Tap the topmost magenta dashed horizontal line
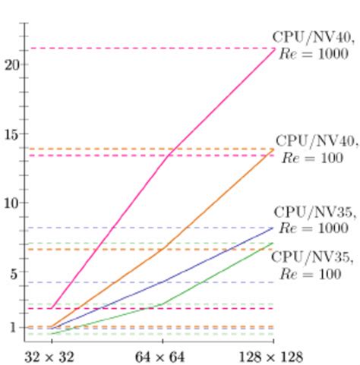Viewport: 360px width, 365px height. (x=152, y=49)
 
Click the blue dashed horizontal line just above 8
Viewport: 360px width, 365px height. (x=152, y=228)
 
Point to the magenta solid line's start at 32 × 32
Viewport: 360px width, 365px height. (x=50, y=308)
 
